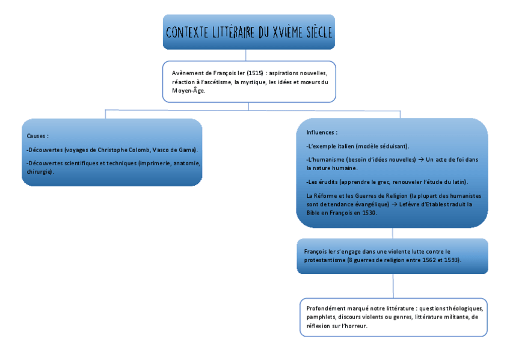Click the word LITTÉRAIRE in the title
232,32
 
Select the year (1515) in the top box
256,73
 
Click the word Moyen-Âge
188,91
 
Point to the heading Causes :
37,136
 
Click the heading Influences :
321,132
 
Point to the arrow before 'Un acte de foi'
421,159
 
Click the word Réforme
326,195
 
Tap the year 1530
369,212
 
